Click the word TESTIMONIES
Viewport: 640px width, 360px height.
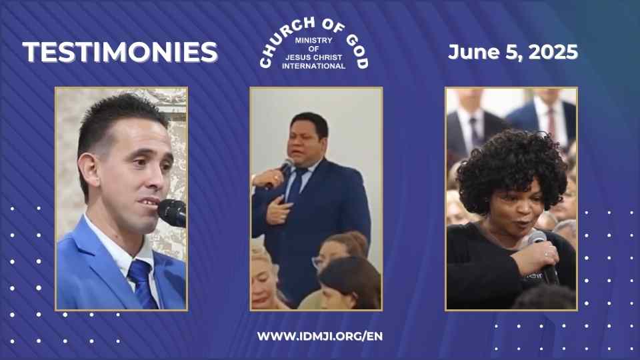point(120,52)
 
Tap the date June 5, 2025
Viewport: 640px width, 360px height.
point(513,52)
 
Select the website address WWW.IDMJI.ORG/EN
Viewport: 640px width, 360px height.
point(320,336)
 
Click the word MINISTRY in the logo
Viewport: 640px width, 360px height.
point(313,41)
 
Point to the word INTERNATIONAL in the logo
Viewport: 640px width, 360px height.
point(313,66)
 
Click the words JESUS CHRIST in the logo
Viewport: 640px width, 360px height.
point(313,57)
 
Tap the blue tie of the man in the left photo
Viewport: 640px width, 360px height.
point(143,284)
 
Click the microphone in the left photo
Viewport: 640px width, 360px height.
point(173,212)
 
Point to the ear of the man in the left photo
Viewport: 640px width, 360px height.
point(88,171)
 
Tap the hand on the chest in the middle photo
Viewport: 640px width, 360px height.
point(278,209)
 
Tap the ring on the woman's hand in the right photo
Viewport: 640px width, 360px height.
point(547,255)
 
